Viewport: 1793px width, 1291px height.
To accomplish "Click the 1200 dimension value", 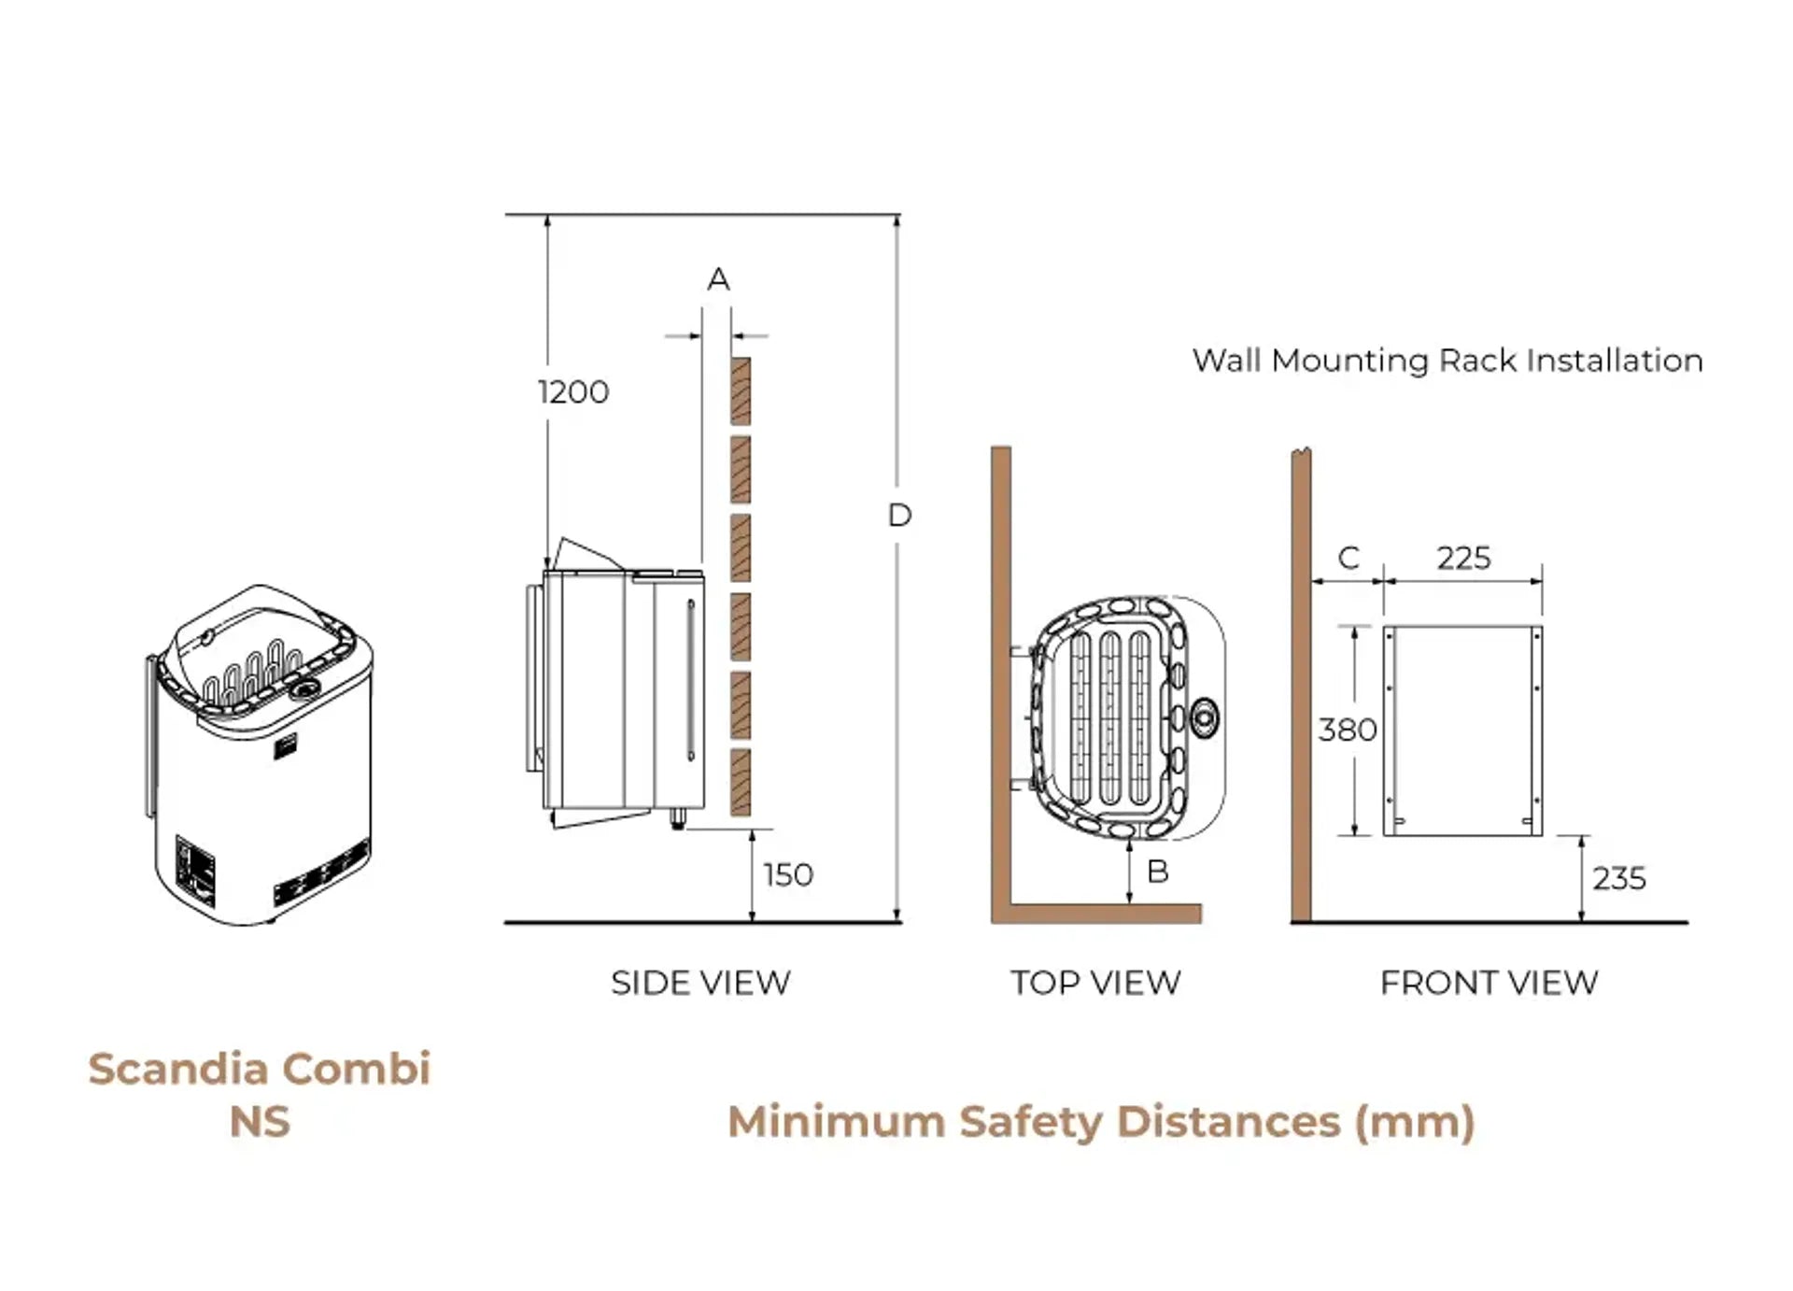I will tap(573, 391).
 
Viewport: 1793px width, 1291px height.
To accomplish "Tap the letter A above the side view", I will tap(718, 278).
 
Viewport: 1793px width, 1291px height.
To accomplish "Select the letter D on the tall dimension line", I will tap(899, 515).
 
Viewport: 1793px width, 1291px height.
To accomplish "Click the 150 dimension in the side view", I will tap(788, 875).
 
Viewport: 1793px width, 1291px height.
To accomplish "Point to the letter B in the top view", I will tap(1157, 872).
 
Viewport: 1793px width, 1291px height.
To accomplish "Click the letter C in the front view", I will tap(1348, 558).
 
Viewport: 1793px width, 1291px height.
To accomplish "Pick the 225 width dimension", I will tap(1463, 558).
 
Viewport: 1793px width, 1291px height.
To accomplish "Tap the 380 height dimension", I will tap(1347, 730).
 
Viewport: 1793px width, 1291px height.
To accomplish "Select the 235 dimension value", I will tap(1618, 878).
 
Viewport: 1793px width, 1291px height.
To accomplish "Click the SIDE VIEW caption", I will tap(700, 983).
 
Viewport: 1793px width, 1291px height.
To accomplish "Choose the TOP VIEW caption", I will tap(1095, 983).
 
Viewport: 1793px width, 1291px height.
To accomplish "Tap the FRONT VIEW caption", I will tap(1489, 983).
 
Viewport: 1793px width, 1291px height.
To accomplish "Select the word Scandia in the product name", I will tap(178, 1070).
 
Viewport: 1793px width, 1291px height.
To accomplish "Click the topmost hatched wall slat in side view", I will tap(741, 390).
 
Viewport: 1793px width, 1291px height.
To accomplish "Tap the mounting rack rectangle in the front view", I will tap(1462, 731).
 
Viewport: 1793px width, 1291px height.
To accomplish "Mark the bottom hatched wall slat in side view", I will tap(741, 781).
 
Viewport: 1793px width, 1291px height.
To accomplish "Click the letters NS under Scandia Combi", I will tap(260, 1122).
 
